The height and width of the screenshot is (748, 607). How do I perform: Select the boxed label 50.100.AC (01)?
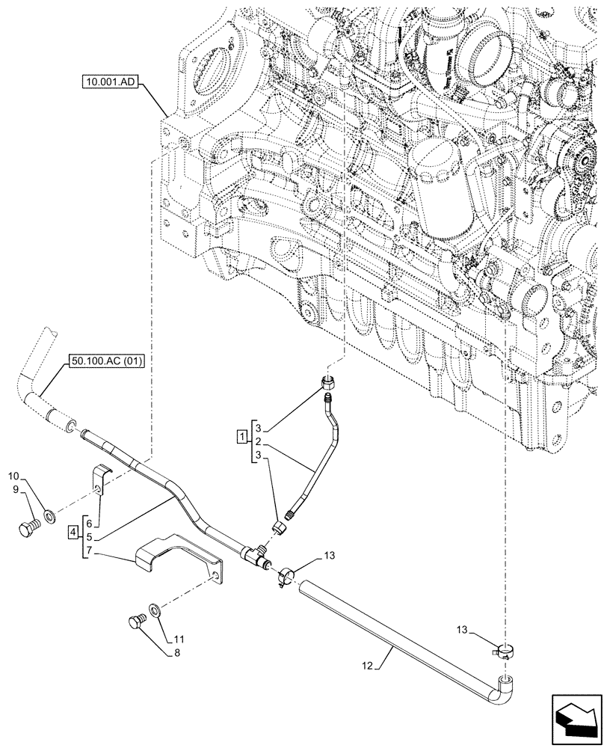point(108,361)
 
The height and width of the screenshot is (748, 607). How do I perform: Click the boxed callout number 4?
point(72,532)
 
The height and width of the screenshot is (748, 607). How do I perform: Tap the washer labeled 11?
point(155,611)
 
